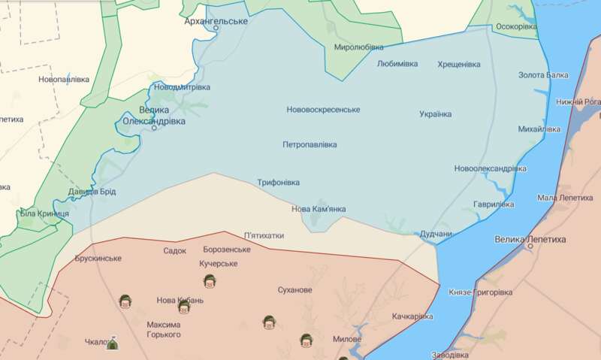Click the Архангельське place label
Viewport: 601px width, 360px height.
point(216,21)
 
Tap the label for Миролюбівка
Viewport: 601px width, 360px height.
point(359,47)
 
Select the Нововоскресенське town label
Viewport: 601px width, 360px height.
point(323,110)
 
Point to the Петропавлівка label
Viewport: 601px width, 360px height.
point(310,144)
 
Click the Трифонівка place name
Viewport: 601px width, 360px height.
point(278,183)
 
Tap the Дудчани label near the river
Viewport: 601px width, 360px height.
point(436,234)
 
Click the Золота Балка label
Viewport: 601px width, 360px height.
point(544,75)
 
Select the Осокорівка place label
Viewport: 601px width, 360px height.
point(517,27)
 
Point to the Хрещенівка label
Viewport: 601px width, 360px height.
point(459,65)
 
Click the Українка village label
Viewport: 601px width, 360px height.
point(436,114)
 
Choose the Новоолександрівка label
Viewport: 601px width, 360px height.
point(490,169)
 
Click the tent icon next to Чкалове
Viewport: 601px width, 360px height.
point(113,343)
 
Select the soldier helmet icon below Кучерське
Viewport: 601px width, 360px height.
point(210,280)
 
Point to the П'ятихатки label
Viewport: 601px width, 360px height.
point(264,235)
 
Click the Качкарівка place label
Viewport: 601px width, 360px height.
point(412,316)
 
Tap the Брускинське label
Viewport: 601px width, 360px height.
point(98,259)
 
